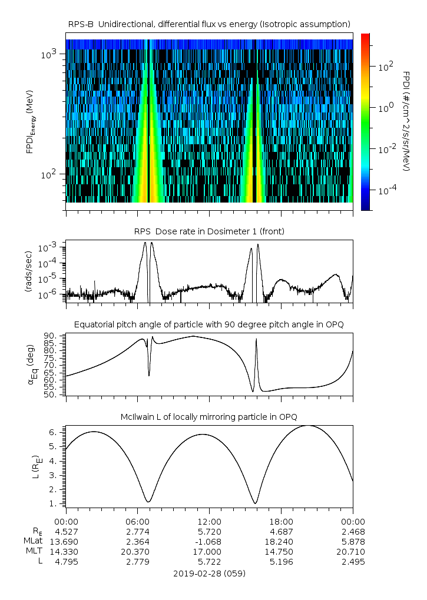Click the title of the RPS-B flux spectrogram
tap(209, 24)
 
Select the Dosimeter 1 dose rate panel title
tap(209, 231)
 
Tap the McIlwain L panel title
tap(209, 417)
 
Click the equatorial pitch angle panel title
tap(209, 324)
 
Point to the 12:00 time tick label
tap(209, 521)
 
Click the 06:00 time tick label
tap(137, 521)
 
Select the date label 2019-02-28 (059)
tap(209, 573)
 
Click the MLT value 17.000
tap(209, 551)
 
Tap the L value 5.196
tap(281, 562)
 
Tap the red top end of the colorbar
tap(365, 37)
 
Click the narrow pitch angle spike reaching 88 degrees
tap(256, 340)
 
